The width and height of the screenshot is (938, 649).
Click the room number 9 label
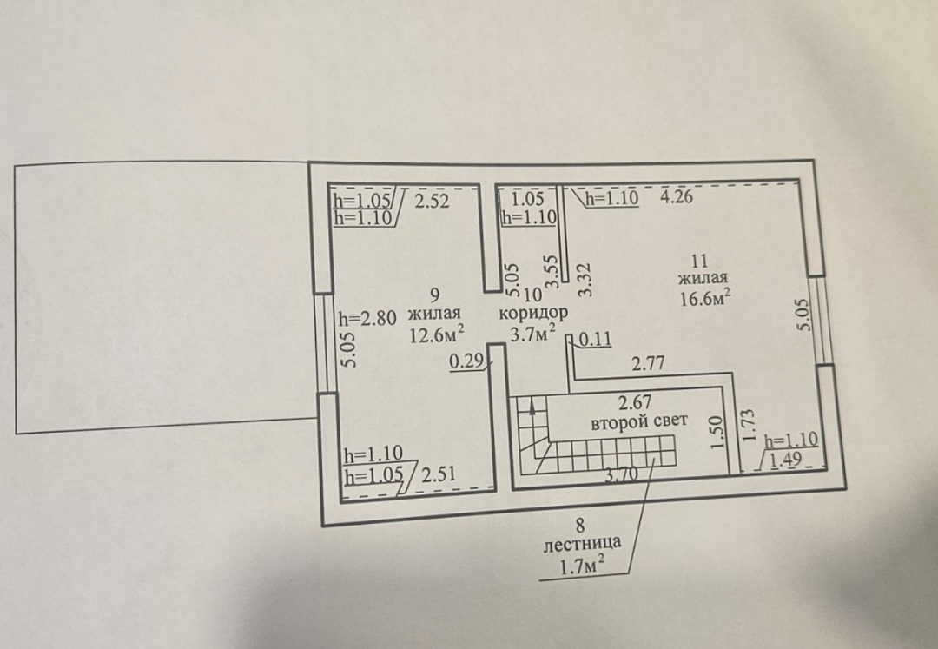pos(435,295)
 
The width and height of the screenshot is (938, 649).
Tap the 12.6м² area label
pos(436,333)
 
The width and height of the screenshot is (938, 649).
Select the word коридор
pos(532,313)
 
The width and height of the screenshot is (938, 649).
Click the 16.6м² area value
pos(706,296)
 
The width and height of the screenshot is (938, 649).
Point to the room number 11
pos(699,261)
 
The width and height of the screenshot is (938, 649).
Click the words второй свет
pos(639,421)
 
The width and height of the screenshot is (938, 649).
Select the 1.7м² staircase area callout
pos(580,566)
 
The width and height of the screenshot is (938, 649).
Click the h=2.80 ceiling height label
pos(367,318)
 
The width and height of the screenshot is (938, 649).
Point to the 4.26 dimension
pos(676,196)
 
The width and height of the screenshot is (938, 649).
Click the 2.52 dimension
pos(432,201)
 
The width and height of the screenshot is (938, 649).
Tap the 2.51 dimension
pos(439,474)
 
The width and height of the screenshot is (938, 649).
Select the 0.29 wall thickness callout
pos(466,361)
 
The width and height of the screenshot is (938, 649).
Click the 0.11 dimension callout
pos(595,340)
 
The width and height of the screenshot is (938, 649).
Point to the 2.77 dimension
pos(649,363)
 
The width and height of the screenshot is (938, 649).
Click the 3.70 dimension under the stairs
pos(622,474)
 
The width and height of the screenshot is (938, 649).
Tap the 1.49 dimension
pos(786,460)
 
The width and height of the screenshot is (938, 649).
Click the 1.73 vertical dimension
pos(748,426)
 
